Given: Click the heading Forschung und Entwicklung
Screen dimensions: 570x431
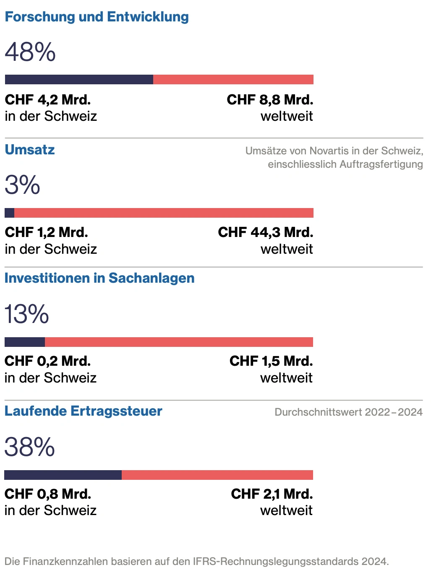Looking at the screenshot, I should coord(97,17).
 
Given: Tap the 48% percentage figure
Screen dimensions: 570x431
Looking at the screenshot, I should coord(30,52).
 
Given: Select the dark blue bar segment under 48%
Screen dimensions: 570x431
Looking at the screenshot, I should coord(79,80).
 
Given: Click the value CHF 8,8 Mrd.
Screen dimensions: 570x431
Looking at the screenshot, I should coord(270,100).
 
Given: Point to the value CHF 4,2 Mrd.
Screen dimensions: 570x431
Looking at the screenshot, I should coord(47,100).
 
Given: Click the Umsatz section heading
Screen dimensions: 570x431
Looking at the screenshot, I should coord(30,150).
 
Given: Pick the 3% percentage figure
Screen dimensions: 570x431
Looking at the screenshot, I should coord(22,185).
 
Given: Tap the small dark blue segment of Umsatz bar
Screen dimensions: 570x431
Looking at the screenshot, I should coord(9,213).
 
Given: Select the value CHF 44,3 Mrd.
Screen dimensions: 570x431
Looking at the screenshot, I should coord(265,232).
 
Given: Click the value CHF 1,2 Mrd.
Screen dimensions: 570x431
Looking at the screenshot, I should coord(46,232).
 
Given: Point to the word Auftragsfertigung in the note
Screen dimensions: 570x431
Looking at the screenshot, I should coord(381,164).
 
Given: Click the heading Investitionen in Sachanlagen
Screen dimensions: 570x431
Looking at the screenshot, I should coord(99,278).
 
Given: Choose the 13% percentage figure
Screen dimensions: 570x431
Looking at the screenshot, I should coord(26,314).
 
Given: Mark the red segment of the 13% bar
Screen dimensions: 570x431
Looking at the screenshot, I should coord(179,342).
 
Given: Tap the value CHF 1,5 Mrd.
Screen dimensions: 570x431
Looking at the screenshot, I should coord(271,361).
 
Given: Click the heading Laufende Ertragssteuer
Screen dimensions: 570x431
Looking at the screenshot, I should coord(83,411).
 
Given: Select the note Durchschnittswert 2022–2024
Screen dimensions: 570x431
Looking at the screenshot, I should coord(348,412).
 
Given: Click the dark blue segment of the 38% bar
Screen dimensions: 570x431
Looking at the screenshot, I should coord(63,475).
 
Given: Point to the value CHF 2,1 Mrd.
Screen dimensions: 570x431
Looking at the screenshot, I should coord(272,494).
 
